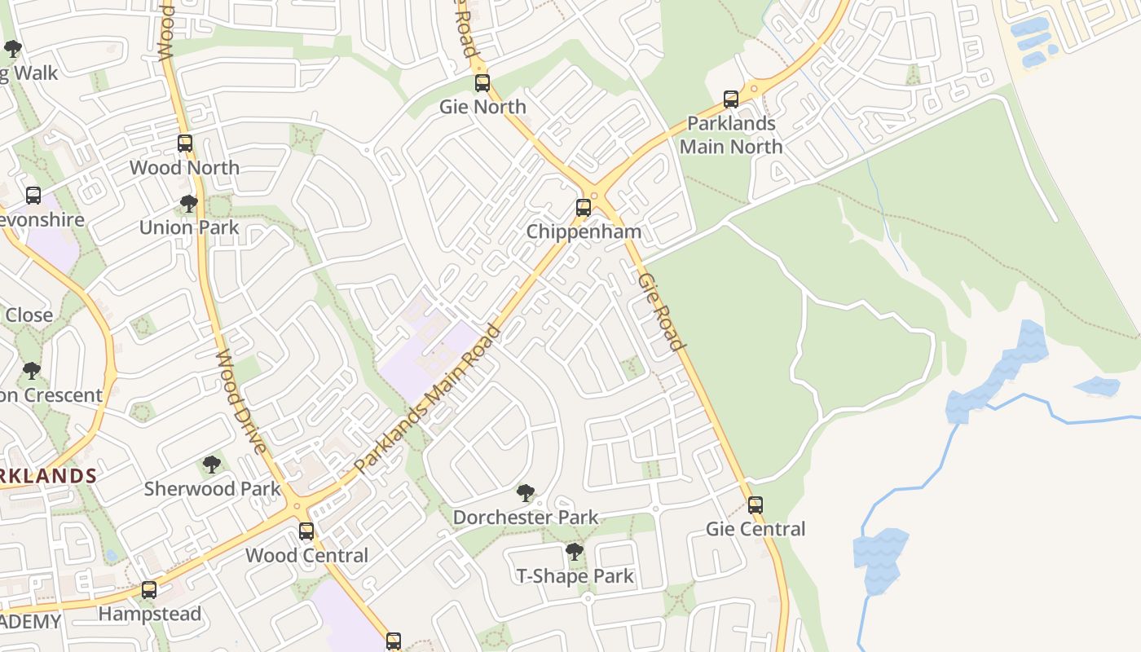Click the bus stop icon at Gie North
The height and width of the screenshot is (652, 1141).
482,82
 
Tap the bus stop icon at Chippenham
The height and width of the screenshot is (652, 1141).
584,207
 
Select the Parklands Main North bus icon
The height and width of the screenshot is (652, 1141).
731,99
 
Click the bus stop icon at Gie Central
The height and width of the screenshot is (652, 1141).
756,504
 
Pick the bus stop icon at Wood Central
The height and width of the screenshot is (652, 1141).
306,531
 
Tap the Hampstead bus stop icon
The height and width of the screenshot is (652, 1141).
149,590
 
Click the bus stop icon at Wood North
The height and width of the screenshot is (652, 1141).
185,143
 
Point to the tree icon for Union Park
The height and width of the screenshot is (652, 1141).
189,204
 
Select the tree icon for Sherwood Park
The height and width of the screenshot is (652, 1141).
212,465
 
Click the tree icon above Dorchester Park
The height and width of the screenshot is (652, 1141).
526,493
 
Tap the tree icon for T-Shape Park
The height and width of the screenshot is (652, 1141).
575,552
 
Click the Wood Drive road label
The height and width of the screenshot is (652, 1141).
241,402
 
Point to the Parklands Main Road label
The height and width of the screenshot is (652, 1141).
428,399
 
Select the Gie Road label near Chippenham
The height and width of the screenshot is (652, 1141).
660,311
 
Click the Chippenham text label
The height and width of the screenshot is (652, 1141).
584,231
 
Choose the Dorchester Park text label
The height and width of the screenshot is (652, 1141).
526,518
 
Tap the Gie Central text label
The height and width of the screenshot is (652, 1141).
756,529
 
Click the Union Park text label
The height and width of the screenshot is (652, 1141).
189,227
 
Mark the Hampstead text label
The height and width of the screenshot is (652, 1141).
150,614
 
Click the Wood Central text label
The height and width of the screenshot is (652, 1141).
306,556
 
